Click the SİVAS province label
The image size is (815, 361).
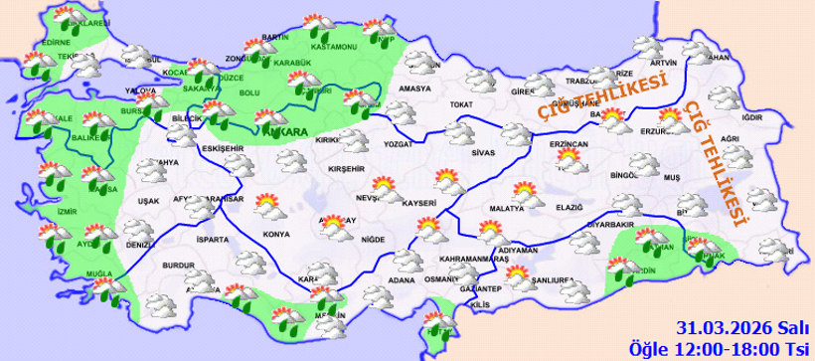click(483, 155)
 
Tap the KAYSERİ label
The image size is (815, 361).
click(420, 203)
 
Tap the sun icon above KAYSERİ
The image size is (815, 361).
click(451, 182)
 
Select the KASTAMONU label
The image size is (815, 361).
click(333, 47)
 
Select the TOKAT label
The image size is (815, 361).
click(459, 104)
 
